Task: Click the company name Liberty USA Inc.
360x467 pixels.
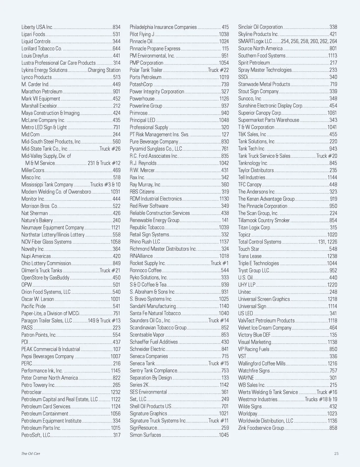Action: pos(37,27)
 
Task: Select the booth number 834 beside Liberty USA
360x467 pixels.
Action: pos(116,27)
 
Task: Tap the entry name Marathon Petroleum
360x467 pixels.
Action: pos(42,91)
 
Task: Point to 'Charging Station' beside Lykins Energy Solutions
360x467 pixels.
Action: pos(104,70)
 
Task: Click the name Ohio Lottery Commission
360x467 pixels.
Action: pos(46,263)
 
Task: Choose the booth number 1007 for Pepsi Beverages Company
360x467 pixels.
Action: pos(115,356)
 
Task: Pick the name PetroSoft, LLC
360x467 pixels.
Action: pos(36,435)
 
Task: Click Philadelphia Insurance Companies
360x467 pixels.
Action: pos(163,27)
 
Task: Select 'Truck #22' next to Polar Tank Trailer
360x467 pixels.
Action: pos(218,70)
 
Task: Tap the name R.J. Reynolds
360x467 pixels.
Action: pos(143,163)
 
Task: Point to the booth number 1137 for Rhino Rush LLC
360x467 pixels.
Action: pos(224,242)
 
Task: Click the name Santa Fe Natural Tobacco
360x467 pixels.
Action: pos(155,313)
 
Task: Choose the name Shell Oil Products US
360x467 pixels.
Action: pos(150,406)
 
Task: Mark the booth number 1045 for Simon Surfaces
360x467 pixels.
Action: pos(224,435)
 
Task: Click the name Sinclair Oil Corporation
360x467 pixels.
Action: pos(260,27)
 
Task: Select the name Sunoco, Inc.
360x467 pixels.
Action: pos(250,98)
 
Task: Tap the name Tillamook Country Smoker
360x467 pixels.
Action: pos(264,220)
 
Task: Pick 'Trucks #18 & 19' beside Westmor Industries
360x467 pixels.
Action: pos(321,399)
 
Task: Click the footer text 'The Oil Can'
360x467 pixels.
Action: pos(31,454)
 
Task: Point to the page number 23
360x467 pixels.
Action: pos(336,454)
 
